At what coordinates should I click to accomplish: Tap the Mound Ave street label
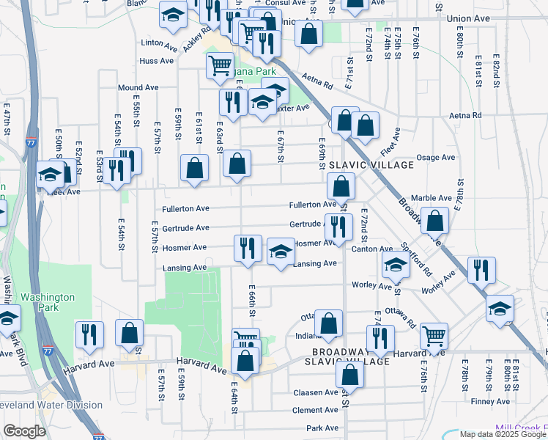(x=138, y=87)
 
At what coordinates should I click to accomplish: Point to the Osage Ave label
(x=435, y=158)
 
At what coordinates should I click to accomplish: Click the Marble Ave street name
(x=432, y=198)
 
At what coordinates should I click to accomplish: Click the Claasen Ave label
(x=316, y=392)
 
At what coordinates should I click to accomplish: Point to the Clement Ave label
(x=315, y=410)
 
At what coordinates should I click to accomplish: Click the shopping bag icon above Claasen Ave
(x=351, y=373)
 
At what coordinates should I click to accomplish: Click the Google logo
(x=23, y=430)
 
